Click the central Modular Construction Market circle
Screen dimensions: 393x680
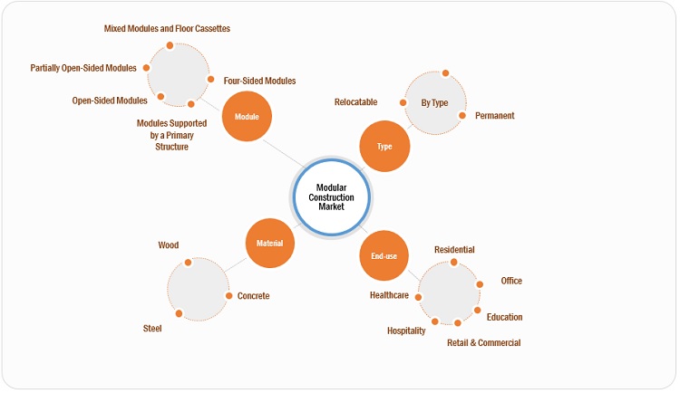click(336, 196)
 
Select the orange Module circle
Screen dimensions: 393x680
click(247, 117)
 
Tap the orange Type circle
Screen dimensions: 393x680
click(384, 146)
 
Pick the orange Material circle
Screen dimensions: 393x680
click(270, 243)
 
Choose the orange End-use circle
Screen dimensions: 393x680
click(384, 257)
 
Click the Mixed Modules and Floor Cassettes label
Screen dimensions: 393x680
click(167, 29)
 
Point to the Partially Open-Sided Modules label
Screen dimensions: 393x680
click(83, 68)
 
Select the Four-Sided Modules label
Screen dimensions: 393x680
click(259, 81)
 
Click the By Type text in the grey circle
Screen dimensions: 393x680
click(435, 102)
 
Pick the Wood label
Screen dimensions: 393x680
click(168, 245)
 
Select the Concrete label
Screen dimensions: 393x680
click(253, 296)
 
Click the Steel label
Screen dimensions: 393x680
click(152, 329)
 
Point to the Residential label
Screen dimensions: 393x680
click(454, 250)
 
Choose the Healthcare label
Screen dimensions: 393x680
click(389, 295)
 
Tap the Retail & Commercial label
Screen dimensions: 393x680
click(483, 343)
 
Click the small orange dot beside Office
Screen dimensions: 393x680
click(480, 283)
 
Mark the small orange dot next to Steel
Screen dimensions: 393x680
click(180, 314)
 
